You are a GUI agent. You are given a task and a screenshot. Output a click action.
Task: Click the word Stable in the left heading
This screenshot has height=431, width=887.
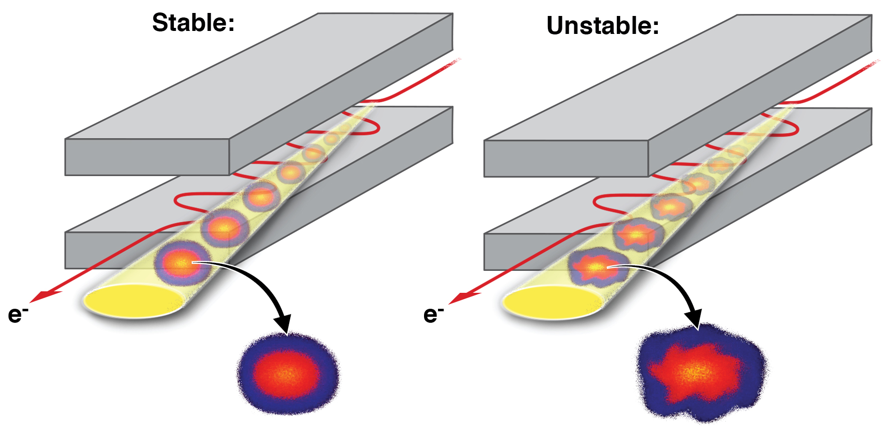[192, 23]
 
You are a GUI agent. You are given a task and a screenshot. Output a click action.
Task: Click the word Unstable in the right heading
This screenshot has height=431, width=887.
[602, 26]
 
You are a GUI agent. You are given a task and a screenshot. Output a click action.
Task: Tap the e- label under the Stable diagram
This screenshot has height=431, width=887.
[17, 315]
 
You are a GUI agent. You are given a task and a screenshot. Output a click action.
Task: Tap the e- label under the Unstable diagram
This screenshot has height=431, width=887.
[433, 315]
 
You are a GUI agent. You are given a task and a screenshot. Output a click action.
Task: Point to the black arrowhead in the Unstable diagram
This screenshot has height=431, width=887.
[694, 319]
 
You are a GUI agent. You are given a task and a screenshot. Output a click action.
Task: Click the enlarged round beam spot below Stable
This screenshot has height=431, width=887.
[288, 373]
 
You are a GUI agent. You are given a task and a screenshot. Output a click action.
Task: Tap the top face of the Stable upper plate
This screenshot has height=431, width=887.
[260, 75]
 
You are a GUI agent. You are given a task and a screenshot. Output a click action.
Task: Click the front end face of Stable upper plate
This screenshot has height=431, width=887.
[147, 157]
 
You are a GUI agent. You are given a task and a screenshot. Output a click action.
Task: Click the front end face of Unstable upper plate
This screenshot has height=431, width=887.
[566, 159]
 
